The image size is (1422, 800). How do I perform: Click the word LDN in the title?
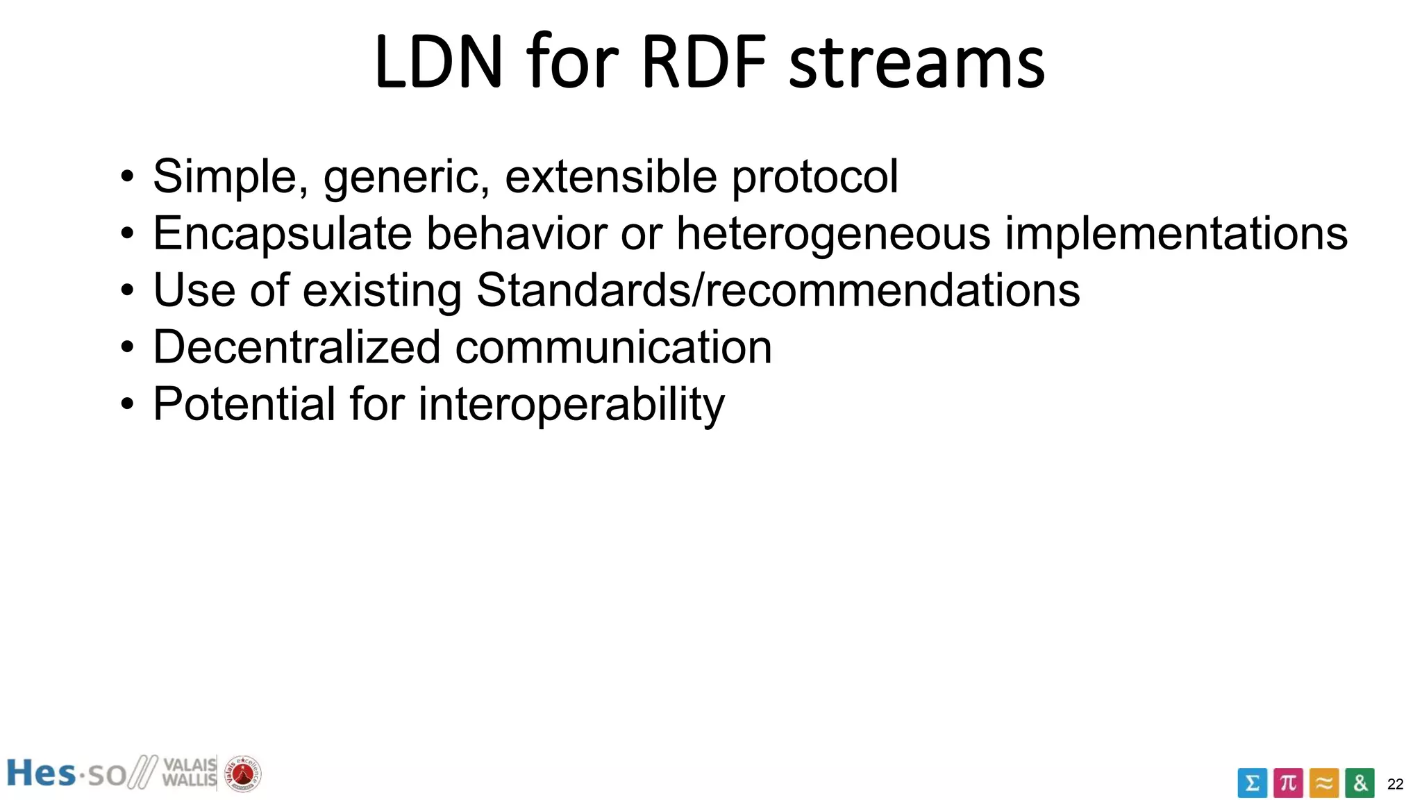click(x=438, y=62)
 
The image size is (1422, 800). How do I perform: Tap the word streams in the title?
click(x=917, y=64)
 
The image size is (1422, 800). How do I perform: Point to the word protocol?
click(x=815, y=178)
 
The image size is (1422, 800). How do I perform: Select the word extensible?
click(x=611, y=176)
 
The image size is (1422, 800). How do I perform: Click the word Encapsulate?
click(x=283, y=234)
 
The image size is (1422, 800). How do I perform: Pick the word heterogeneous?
click(x=833, y=234)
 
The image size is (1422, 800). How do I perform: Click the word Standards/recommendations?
click(x=778, y=290)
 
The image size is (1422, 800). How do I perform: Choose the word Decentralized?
click(x=296, y=347)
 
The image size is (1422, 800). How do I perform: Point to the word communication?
click(x=613, y=347)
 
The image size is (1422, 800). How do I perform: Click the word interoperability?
click(x=571, y=405)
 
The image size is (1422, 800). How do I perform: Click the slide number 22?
click(x=1395, y=784)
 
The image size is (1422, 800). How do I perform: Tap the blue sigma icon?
click(x=1252, y=783)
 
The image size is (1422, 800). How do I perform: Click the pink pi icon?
click(x=1288, y=783)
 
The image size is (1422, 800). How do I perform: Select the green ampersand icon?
click(x=1360, y=783)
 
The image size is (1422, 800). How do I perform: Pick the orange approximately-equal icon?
click(x=1324, y=783)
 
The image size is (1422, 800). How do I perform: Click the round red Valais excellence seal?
click(x=242, y=774)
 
